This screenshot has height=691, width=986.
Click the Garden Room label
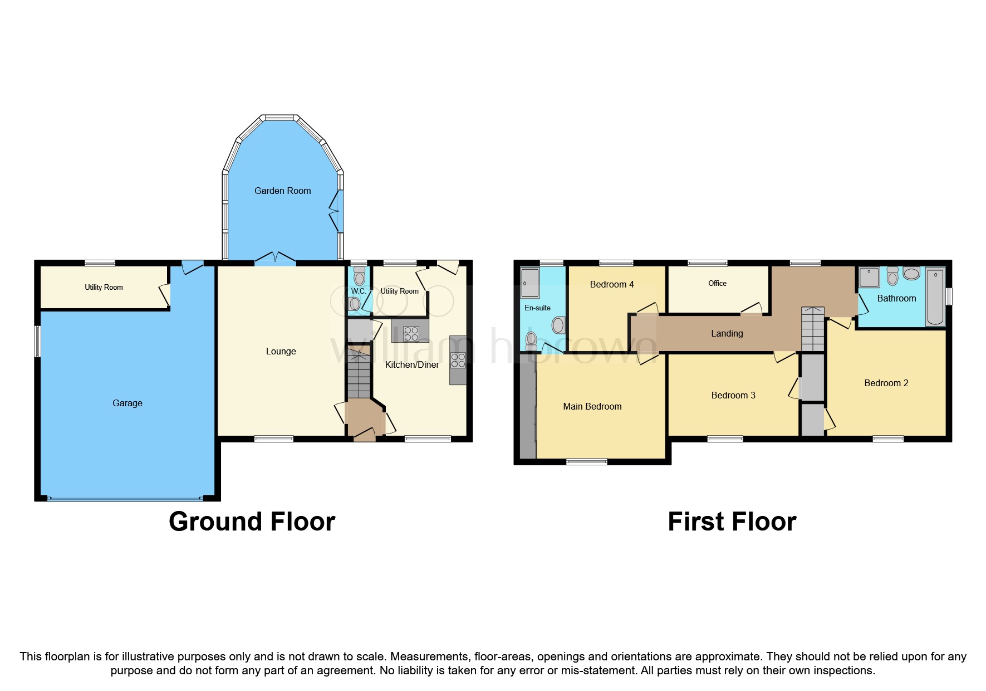click(282, 191)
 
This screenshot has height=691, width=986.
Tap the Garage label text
click(127, 403)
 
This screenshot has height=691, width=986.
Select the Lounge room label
click(281, 351)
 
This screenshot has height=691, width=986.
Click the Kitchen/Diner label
click(412, 364)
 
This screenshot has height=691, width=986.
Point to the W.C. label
click(359, 291)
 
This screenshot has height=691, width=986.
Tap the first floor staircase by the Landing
click(812, 329)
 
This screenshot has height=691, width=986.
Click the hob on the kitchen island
click(411, 334)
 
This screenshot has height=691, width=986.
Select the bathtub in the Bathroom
click(935, 296)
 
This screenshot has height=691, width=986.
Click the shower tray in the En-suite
click(530, 283)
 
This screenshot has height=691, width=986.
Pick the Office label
click(717, 283)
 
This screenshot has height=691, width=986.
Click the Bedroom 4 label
click(611, 284)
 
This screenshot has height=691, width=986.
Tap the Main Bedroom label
click(592, 406)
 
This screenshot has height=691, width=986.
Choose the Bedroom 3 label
click(733, 395)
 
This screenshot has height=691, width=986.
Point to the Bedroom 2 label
click(886, 383)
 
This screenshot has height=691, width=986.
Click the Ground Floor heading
click(252, 522)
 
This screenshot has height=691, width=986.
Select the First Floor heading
click(732, 522)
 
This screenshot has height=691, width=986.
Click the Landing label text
click(727, 333)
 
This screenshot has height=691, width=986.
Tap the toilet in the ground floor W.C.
click(359, 276)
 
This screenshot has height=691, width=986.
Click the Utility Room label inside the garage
click(104, 287)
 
